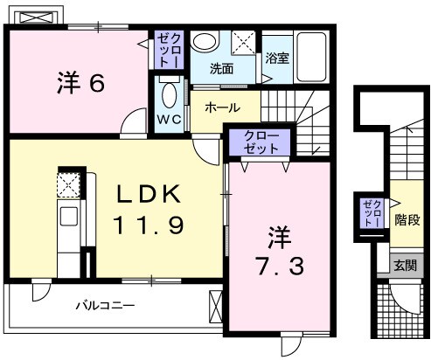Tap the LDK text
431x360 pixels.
coord(146,193)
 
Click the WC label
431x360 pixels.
coord(169,116)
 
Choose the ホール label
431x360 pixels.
coord(223,108)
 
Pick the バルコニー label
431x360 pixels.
coord(104,306)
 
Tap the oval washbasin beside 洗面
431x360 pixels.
coord(205,42)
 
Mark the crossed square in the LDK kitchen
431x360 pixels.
coord(68,183)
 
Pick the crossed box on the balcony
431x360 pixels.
coord(215,307)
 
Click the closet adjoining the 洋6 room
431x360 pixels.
coord(167,51)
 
